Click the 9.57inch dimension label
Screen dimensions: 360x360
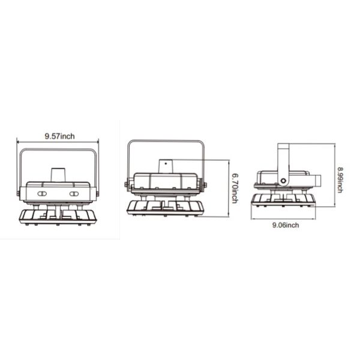[59, 136]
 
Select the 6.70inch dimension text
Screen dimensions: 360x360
[235, 188]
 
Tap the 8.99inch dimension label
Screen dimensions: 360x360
[340, 180]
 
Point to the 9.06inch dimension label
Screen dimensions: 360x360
[286, 225]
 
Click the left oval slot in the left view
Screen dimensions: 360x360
[42, 194]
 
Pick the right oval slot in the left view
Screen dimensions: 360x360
[74, 194]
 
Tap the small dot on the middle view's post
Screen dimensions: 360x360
[166, 163]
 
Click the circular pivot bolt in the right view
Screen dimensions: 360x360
[283, 181]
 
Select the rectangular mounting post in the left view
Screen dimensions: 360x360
[58, 175]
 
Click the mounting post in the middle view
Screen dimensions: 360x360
[166, 166]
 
